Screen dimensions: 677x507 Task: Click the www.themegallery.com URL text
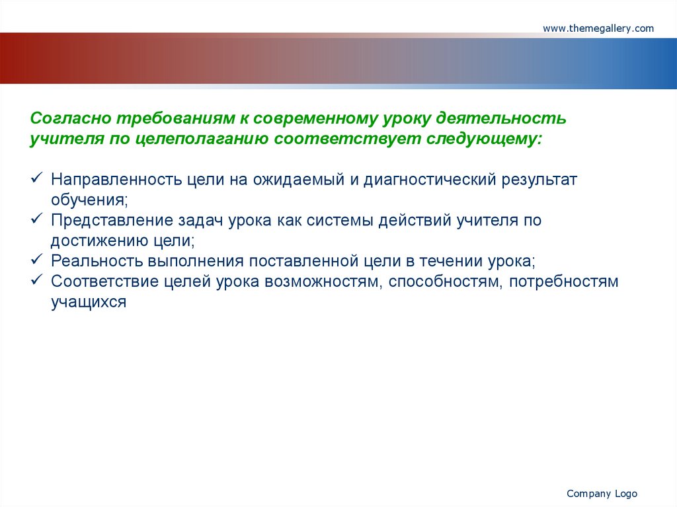tap(598, 28)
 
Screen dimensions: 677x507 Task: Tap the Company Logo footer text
tap(602, 494)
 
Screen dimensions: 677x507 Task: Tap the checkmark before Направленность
tap(37, 178)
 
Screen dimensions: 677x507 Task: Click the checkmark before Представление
tap(37, 219)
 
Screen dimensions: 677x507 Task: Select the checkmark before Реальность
tap(37, 259)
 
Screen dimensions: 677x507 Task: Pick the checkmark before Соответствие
tap(37, 280)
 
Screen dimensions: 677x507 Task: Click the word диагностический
tap(430, 180)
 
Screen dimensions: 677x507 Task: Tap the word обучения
tap(88, 200)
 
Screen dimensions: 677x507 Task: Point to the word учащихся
tap(89, 302)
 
